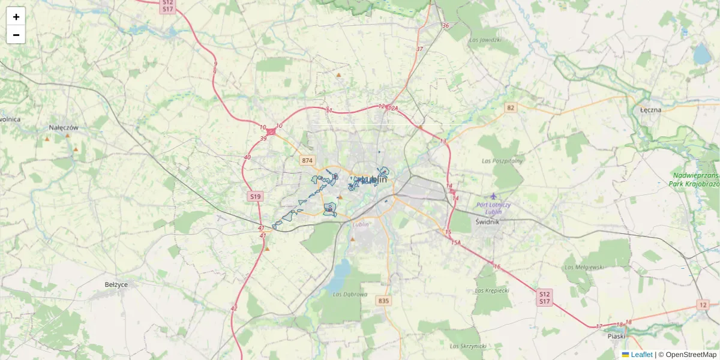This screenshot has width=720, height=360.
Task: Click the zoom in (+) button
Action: [x=16, y=16]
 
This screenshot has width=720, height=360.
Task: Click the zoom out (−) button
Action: [x=16, y=35]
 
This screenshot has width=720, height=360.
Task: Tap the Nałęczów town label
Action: [x=64, y=128]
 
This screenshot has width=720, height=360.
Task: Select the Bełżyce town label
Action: [x=116, y=284]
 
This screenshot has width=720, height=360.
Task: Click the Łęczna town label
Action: [x=650, y=110]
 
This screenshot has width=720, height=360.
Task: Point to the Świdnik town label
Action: [x=488, y=221]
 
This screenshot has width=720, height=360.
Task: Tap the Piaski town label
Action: [x=616, y=337]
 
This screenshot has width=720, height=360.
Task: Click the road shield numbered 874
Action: [x=307, y=160]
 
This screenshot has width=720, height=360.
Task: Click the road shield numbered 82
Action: [x=511, y=107]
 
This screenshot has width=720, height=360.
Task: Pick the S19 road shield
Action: [x=256, y=196]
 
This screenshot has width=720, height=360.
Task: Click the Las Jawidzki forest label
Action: [x=487, y=40]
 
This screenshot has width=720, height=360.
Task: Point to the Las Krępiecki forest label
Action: [x=491, y=290]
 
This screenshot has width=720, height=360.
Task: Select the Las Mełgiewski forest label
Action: [x=583, y=266]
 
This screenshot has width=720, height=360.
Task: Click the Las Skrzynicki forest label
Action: [x=467, y=346]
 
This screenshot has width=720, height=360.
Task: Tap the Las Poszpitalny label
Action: [x=503, y=161]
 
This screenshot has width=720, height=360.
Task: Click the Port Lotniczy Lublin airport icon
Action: [x=493, y=196]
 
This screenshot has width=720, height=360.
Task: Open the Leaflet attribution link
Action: [x=641, y=355]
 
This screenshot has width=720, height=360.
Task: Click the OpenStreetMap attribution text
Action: [x=691, y=355]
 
